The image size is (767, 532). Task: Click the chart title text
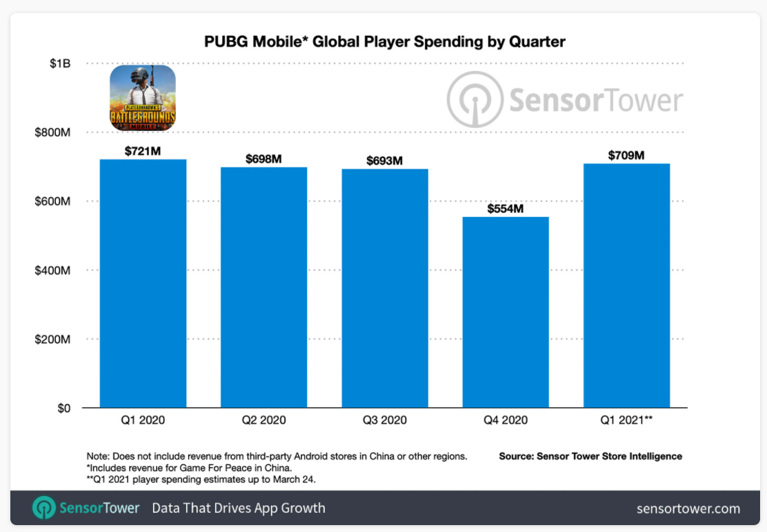pyautogui.click(x=384, y=41)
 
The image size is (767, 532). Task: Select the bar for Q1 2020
pyautogui.click(x=143, y=283)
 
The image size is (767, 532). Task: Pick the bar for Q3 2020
pyautogui.click(x=384, y=288)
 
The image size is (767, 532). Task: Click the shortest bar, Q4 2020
pyautogui.click(x=506, y=312)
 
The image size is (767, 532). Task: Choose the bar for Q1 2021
pyautogui.click(x=626, y=285)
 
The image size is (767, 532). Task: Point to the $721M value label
pyautogui.click(x=143, y=151)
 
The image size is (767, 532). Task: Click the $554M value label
pyautogui.click(x=506, y=208)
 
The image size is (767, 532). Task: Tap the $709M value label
pyautogui.click(x=626, y=155)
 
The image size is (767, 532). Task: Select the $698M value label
pyautogui.click(x=263, y=159)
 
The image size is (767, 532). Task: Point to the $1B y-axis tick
pyautogui.click(x=59, y=63)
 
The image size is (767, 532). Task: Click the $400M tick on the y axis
pyautogui.click(x=52, y=271)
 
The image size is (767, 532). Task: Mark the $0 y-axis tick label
pyautogui.click(x=63, y=409)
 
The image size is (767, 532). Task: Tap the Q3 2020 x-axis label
pyautogui.click(x=384, y=420)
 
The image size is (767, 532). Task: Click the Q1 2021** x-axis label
pyautogui.click(x=626, y=420)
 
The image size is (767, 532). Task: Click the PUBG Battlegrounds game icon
pyautogui.click(x=143, y=98)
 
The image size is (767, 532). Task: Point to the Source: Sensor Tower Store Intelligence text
pyautogui.click(x=590, y=456)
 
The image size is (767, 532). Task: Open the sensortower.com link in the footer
pyautogui.click(x=688, y=509)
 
